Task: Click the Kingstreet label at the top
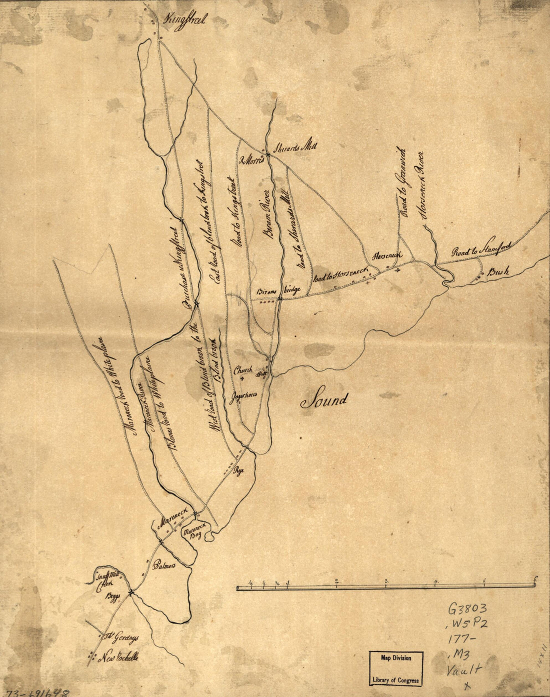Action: coord(181,20)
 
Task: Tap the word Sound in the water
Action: coord(324,400)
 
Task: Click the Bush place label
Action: coord(498,272)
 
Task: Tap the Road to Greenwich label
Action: coord(403,182)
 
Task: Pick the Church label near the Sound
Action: coord(243,370)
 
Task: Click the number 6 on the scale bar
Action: coord(535,579)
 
